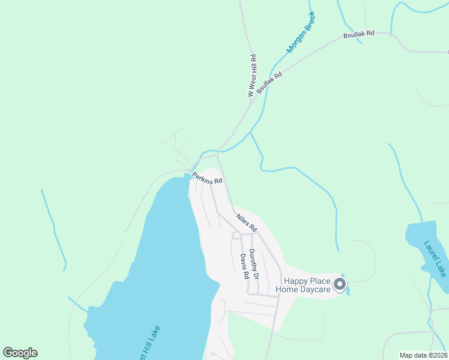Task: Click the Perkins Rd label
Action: click(x=208, y=178)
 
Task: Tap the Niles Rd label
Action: click(x=246, y=223)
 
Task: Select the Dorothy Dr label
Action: click(x=253, y=265)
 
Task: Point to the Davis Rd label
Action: click(x=244, y=267)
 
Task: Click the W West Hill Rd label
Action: click(x=252, y=76)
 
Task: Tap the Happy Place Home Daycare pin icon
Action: click(x=340, y=284)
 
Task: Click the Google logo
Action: click(x=20, y=353)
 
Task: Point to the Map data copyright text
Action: click(x=423, y=355)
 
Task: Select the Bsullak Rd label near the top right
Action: click(x=358, y=34)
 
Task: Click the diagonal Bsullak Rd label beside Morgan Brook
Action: click(x=269, y=80)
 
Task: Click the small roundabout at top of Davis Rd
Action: click(x=236, y=236)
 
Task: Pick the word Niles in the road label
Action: click(x=242, y=218)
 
